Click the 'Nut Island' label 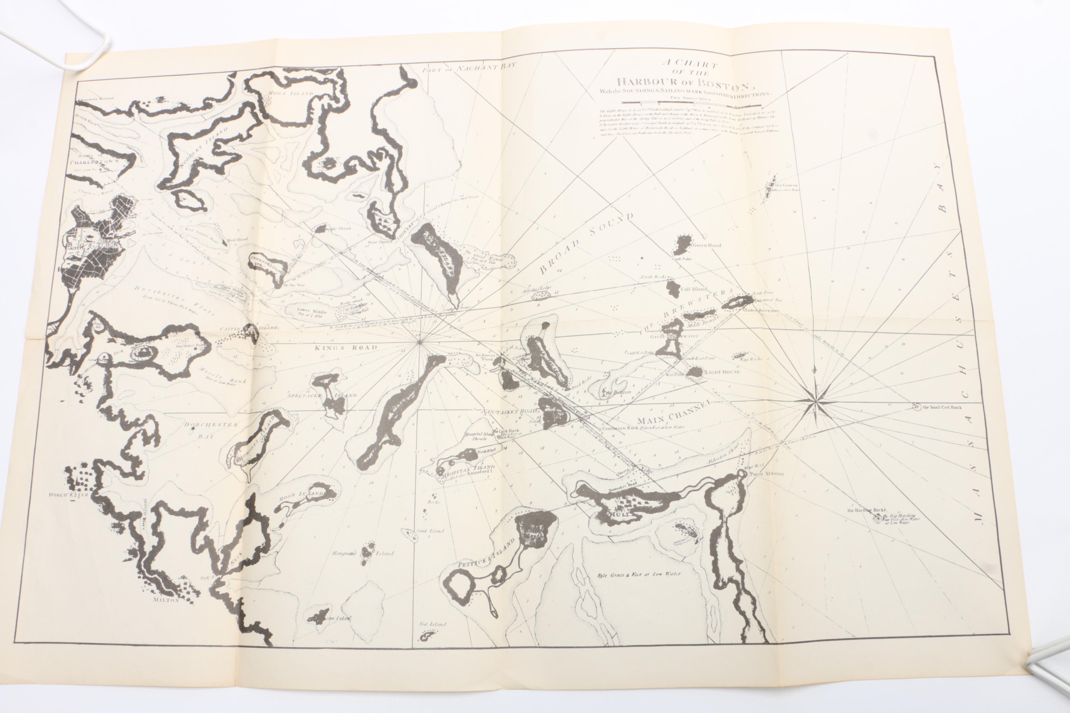pyautogui.click(x=432, y=624)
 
